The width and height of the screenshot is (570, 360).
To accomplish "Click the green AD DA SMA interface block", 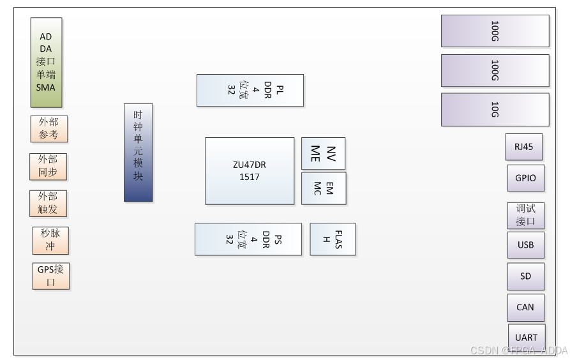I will coord(46,62).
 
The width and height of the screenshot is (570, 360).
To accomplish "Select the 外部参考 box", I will coord(49,129).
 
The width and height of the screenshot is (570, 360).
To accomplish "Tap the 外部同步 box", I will coord(48,167).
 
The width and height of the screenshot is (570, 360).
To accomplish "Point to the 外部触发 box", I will coord(48,203).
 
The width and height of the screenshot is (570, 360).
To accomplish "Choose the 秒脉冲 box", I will coord(50,240).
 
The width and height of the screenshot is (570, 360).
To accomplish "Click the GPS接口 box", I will coord(51,276).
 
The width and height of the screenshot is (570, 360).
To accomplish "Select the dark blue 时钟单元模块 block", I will coord(138,152).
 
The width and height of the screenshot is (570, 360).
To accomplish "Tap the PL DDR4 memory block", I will coord(250,90).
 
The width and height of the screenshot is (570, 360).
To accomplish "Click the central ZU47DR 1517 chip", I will coord(250,170).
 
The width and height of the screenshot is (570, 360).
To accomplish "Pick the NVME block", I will coord(323,153).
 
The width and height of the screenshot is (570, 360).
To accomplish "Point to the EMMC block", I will coord(324,188).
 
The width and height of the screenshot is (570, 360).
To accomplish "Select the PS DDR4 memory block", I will coord(248,239).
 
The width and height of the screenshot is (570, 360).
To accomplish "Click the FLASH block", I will coord(333,239).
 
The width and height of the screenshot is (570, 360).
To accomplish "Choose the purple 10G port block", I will coord(495,109).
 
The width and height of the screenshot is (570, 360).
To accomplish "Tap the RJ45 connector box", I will coord(523,147).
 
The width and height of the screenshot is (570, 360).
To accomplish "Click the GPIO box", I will coord(526,178).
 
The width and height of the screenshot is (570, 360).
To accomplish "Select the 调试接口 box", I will coord(526,215).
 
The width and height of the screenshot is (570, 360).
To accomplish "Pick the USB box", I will coord(526,245).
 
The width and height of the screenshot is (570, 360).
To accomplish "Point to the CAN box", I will coord(525,307).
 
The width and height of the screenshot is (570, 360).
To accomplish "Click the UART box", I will coord(527,336).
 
